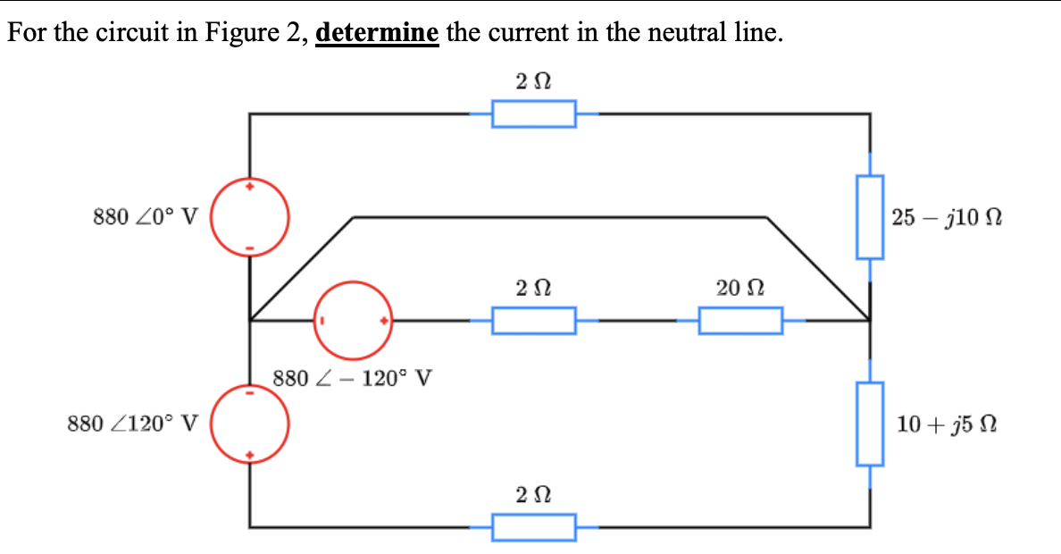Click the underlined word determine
(x=377, y=34)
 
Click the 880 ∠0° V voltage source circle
(x=250, y=217)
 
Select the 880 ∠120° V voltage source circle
(x=250, y=424)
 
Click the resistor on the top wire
(x=534, y=114)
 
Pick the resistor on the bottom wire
(x=534, y=527)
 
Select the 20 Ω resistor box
(x=740, y=320)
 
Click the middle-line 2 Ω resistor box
(x=534, y=320)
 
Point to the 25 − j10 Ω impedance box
(x=871, y=217)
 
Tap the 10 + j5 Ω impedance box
(x=871, y=424)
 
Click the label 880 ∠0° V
(x=146, y=217)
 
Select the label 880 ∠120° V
(x=133, y=423)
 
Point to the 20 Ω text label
(x=739, y=288)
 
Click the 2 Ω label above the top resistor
(x=533, y=82)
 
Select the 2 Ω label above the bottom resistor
(x=533, y=494)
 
